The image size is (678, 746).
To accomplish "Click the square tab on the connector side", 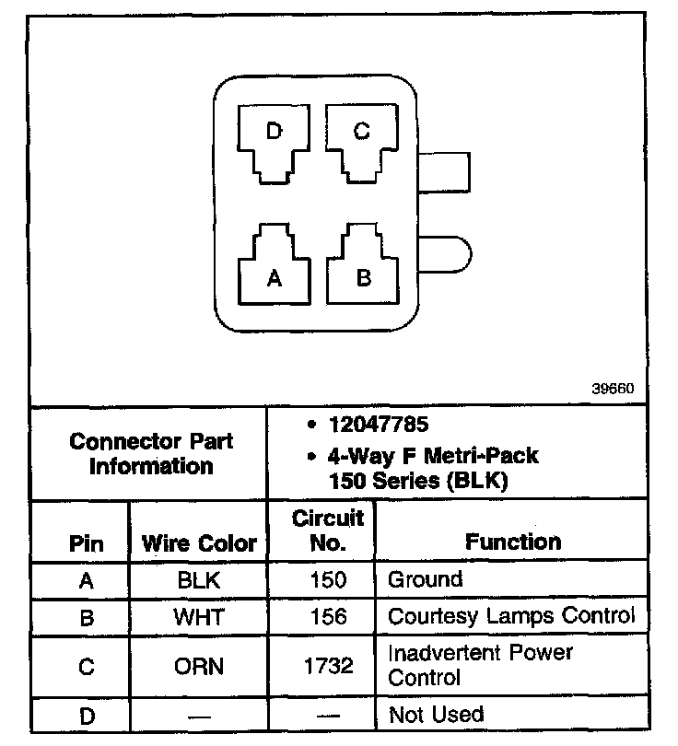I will tap(446, 171).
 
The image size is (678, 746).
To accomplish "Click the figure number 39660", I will tap(613, 389).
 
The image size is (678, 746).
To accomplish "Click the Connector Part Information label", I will tap(151, 453).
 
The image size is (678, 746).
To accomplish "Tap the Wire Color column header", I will tap(199, 543).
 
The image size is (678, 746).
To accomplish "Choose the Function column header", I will tap(513, 542).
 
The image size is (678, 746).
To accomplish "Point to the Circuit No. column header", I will tap(328, 530).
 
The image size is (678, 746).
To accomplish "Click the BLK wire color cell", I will tap(199, 580).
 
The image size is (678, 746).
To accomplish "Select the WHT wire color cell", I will tap(199, 616).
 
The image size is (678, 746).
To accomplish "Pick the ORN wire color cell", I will tap(199, 666).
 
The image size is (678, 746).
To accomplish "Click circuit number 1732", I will tap(328, 666).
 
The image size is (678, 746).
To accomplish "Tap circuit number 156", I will tap(328, 616).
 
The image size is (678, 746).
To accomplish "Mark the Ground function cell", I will tap(425, 580).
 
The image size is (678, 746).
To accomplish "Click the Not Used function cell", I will tap(436, 715).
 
